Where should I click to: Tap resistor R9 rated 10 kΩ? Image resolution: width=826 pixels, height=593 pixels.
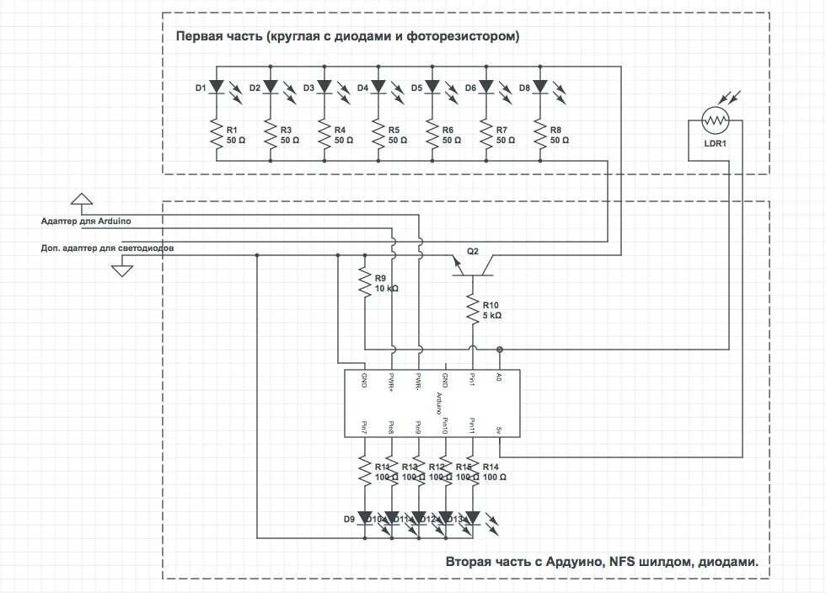365,283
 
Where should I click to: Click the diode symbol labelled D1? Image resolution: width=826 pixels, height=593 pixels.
217,87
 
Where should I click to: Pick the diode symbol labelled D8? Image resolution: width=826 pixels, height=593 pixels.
540,87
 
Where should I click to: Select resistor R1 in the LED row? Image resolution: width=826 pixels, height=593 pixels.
217,134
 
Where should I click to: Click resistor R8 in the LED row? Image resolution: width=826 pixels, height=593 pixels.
540,134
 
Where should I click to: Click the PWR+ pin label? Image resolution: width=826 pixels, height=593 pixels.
391,382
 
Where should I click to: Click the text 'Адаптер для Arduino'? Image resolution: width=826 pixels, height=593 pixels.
86,221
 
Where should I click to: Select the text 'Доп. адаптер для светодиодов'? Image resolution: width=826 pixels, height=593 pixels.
108,248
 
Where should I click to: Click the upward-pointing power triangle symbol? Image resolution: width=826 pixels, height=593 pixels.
80,199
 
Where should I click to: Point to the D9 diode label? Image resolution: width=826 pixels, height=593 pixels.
349,519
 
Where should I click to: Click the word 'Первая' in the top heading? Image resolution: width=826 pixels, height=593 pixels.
196,36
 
